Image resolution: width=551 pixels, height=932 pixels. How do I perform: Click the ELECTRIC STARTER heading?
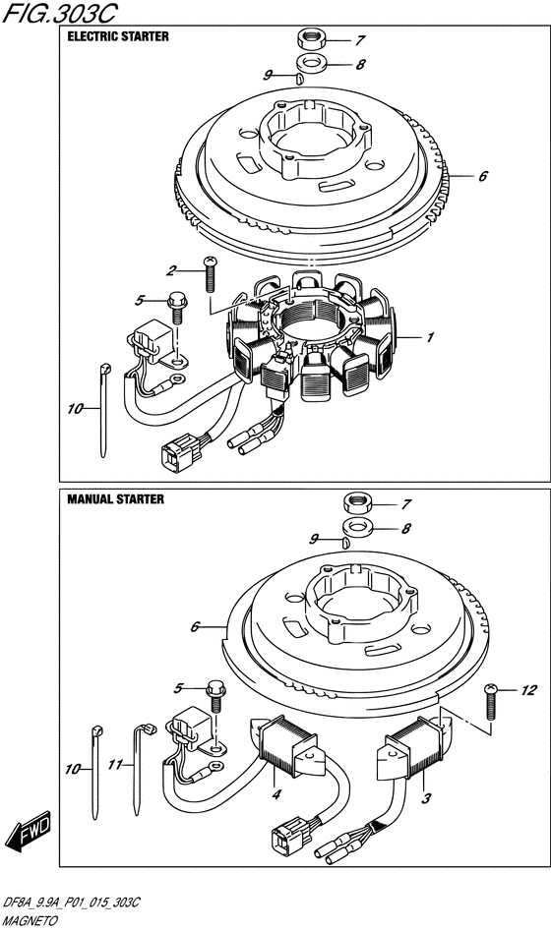118,36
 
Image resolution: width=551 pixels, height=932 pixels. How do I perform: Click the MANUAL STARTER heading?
115,499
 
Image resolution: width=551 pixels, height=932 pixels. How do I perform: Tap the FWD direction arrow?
28,831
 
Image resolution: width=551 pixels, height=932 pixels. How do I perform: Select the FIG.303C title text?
59,13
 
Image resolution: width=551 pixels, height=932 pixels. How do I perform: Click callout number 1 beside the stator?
430,337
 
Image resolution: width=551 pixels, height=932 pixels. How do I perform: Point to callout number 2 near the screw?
172,271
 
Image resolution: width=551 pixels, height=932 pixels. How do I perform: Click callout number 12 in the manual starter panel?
529,690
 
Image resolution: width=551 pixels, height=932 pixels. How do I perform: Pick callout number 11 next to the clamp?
114,765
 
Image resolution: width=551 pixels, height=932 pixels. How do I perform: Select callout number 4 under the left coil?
276,794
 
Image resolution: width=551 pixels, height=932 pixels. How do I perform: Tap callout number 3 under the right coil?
426,799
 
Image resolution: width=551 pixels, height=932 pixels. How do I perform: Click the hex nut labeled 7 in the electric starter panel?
311,40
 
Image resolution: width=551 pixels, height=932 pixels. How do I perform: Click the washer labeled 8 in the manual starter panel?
357,526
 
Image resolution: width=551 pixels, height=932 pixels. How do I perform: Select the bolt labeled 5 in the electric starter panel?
177,307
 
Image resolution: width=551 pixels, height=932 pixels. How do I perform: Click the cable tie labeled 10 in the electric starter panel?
103,410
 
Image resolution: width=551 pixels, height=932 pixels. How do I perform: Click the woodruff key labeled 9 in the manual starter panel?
344,542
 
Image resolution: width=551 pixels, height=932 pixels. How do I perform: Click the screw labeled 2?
209,274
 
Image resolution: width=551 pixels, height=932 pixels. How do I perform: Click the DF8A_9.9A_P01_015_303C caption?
72,904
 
